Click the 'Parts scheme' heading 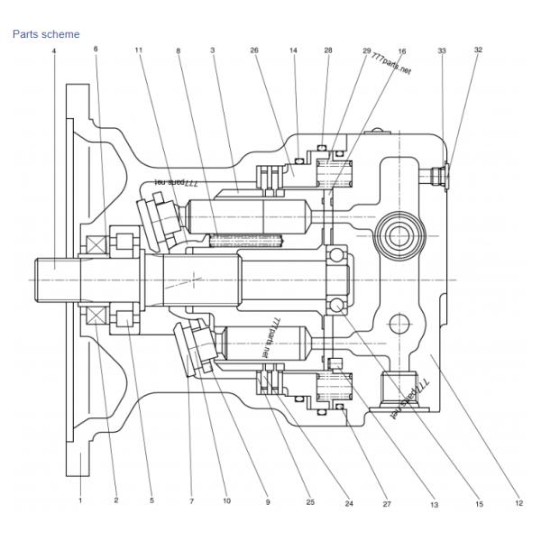point(46,34)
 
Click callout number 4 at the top point(54,51)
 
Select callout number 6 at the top point(96,49)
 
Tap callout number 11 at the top point(139,51)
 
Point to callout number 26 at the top point(255,51)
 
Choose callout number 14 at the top point(294,51)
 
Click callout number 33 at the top point(442,51)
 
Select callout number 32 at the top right point(478,50)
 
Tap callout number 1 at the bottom point(79,499)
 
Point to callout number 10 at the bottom point(226,500)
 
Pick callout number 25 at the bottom point(310,501)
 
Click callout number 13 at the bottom point(434,506)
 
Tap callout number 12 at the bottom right point(518,503)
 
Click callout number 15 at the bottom point(479,503)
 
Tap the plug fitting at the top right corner point(441,172)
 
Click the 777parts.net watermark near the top point(390,63)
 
